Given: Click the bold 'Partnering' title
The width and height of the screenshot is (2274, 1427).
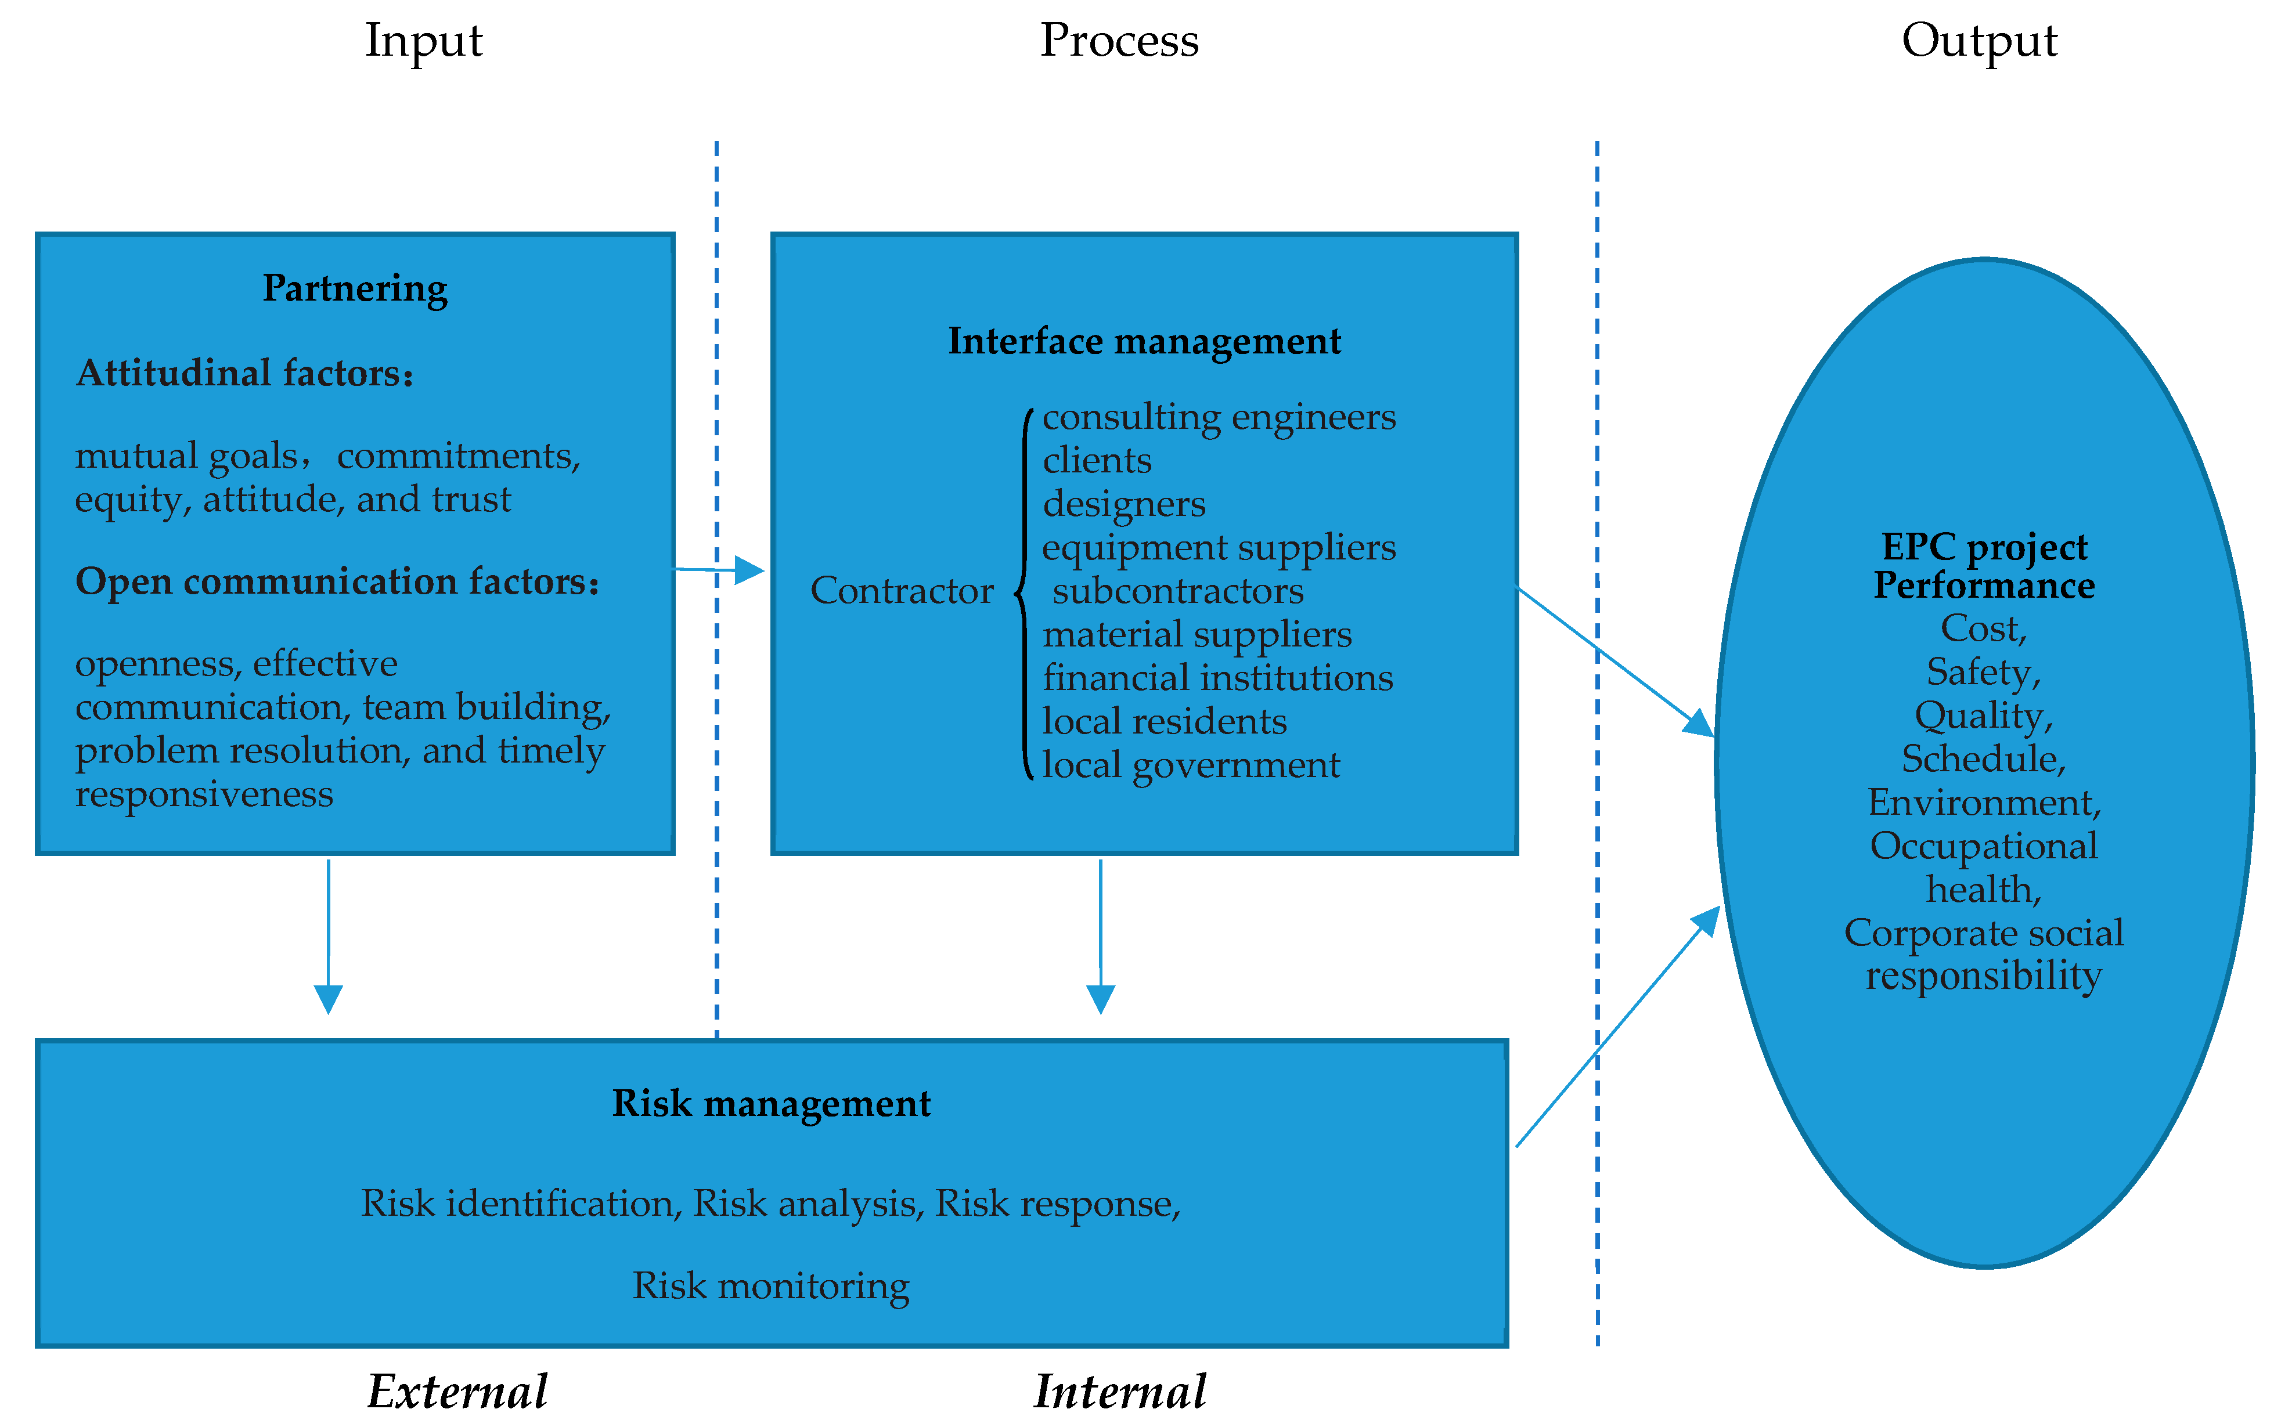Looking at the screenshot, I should [355, 288].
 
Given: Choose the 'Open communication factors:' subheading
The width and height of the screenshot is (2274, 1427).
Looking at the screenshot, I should [337, 581].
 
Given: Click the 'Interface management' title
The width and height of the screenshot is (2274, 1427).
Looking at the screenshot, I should [1144, 341].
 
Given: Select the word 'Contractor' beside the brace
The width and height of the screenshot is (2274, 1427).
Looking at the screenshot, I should [902, 591].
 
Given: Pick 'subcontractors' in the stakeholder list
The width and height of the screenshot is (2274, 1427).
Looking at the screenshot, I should [1177, 591].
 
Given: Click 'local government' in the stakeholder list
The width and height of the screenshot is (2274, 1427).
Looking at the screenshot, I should [1190, 764].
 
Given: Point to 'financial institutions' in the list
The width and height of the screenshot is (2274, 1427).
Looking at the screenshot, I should [1217, 678].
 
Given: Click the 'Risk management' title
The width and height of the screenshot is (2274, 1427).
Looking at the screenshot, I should [771, 1103].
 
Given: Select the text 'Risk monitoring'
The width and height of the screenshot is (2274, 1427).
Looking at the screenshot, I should [770, 1285].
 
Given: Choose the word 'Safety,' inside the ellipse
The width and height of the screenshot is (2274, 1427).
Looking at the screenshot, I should [1983, 672].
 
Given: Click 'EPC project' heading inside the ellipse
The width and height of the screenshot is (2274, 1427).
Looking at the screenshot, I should [1983, 547].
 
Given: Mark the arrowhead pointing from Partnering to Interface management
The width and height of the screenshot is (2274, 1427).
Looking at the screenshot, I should [749, 570].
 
